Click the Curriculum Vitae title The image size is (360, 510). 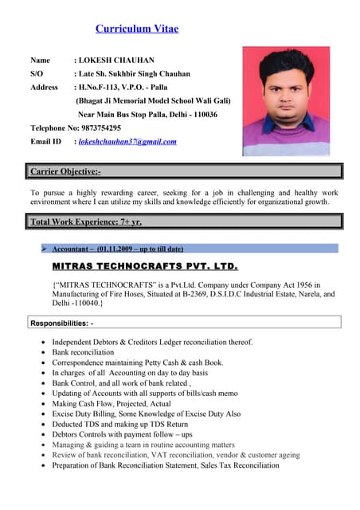click(137, 29)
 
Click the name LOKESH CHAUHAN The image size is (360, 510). click(115, 60)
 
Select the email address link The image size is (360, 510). click(127, 142)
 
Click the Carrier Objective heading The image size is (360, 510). click(65, 171)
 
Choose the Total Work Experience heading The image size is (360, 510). click(86, 222)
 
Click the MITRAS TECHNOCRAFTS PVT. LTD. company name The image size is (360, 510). click(144, 265)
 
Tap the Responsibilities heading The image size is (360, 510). click(62, 323)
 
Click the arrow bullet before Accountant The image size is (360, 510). click(45, 249)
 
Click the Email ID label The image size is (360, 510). click(45, 142)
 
